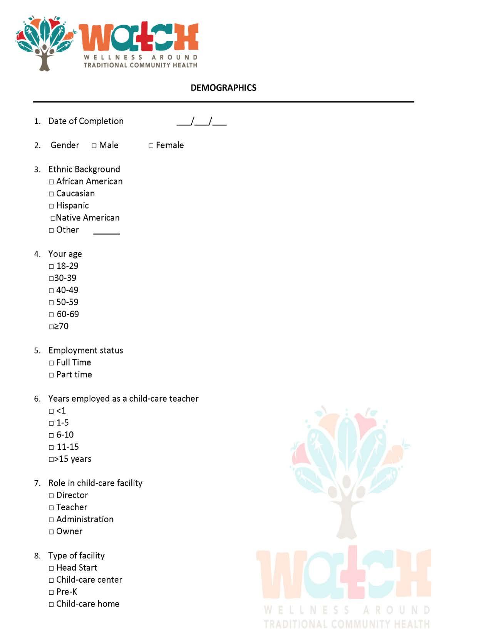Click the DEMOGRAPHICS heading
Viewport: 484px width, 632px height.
point(223,88)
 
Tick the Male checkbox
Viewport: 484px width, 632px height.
point(94,146)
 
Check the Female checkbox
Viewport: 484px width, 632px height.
point(151,146)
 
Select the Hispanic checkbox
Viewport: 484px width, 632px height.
point(51,206)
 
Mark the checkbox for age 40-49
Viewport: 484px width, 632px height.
point(51,291)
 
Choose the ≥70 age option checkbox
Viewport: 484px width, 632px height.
point(51,327)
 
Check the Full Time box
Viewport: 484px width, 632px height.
point(51,363)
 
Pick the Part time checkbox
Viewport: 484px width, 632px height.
point(51,375)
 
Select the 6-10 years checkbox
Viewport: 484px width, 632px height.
point(51,436)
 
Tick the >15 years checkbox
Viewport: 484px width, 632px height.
point(51,459)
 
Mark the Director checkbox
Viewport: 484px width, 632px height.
point(51,496)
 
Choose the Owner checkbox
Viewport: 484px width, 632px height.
point(51,532)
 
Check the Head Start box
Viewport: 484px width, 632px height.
point(51,568)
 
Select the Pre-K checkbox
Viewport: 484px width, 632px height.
point(51,592)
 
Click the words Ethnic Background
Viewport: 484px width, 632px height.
point(84,169)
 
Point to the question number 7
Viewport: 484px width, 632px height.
point(37,483)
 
